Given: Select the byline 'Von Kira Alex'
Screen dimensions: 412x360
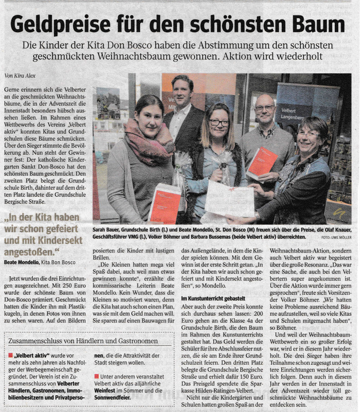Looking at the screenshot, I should [20, 75].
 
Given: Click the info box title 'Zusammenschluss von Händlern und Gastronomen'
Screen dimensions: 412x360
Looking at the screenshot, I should [83, 341].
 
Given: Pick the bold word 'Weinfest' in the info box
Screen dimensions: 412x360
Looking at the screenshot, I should [108, 390].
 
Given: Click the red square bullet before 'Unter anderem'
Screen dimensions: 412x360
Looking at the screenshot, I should [96, 376].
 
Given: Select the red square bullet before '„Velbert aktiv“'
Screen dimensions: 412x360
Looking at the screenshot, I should [11, 355].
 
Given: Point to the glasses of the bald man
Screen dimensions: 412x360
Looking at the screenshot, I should [264, 107].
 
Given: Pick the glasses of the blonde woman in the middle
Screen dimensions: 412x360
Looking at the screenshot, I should [219, 122].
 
